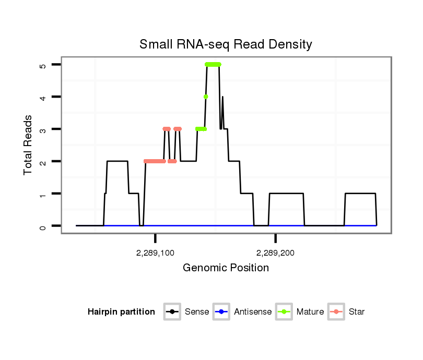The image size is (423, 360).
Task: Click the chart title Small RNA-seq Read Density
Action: [226, 44]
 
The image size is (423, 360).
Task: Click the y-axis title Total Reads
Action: [28, 145]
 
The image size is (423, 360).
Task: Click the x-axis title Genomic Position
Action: [226, 268]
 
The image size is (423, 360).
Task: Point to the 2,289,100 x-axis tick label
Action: [155, 253]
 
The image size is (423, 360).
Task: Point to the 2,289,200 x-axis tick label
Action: [276, 253]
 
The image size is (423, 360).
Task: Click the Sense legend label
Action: [197, 312]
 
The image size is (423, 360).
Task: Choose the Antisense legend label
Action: [253, 312]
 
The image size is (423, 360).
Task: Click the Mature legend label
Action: [310, 312]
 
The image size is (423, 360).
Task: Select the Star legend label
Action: [357, 312]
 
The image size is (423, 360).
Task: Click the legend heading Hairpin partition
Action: [121, 312]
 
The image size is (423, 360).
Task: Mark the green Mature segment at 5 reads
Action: [213, 64]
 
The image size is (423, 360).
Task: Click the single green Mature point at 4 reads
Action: [206, 97]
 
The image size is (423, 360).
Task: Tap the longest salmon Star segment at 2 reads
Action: [155, 161]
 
